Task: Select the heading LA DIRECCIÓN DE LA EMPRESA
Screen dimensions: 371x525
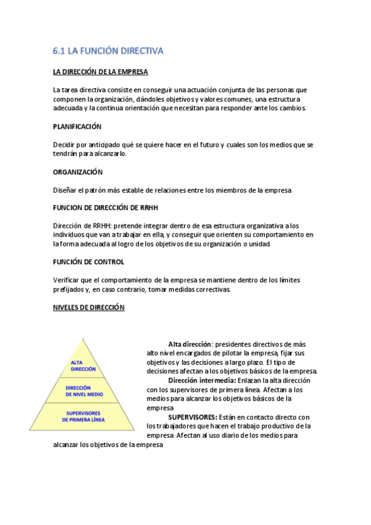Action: [x=100, y=72]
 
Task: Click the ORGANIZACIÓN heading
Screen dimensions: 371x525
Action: [x=78, y=171]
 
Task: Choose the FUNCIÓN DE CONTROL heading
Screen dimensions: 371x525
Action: [x=89, y=262]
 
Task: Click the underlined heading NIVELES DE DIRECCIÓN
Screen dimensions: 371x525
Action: [x=89, y=308]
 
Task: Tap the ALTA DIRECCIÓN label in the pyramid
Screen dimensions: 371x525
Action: [x=83, y=365]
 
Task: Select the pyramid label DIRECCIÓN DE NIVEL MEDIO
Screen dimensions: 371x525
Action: [x=83, y=391]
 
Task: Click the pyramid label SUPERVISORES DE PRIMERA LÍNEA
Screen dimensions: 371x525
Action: [x=83, y=416]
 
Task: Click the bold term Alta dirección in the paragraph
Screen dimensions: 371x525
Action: [x=190, y=344]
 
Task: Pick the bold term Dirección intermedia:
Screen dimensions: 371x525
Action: [x=202, y=380]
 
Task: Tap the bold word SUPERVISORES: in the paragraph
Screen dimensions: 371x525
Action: [x=193, y=417]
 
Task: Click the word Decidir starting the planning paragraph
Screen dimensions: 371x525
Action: [x=65, y=145]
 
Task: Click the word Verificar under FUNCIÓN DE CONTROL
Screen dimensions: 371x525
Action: [x=67, y=280]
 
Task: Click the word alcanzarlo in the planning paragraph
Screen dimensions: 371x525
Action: [x=110, y=154]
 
